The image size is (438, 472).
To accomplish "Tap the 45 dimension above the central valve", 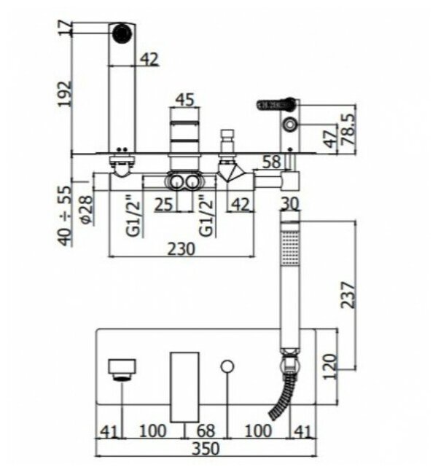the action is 184,100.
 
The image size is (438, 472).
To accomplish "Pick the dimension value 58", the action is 271,162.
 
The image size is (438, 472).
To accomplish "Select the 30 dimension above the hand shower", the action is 289,204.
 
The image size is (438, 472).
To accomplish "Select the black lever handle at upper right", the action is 277,105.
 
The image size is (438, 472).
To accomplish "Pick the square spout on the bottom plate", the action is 122,369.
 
